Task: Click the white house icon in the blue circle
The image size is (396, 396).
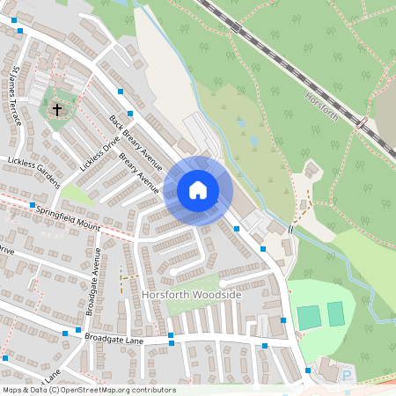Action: [197, 189]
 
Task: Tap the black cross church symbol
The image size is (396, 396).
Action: [57, 110]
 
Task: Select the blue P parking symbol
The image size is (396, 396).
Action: [346, 376]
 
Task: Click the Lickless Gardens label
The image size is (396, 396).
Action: [33, 172]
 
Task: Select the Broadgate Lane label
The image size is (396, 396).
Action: [113, 337]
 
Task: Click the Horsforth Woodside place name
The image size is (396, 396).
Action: [191, 295]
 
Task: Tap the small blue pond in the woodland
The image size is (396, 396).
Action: [253, 139]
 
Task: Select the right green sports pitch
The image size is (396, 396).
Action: [335, 312]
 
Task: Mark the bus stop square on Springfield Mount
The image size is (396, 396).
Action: [32, 206]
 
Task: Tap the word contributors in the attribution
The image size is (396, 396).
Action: [155, 390]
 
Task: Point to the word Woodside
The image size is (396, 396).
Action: [216, 295]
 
